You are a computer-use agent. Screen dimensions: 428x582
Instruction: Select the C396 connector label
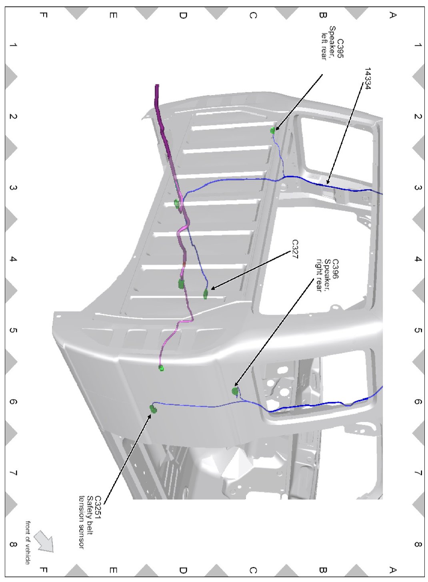pos(336,269)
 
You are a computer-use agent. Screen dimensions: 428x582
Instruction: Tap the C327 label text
pos(295,249)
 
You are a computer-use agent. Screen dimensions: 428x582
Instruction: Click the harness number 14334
pos(367,78)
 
